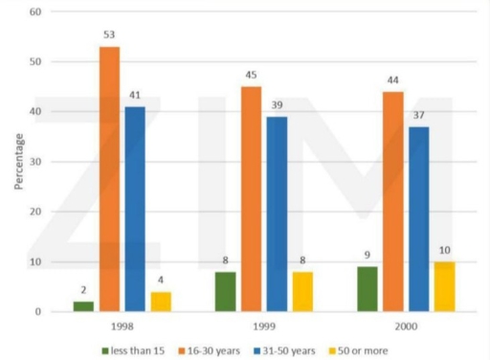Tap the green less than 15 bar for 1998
pyautogui.click(x=85, y=306)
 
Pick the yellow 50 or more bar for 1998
pyautogui.click(x=161, y=302)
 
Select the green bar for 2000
pyautogui.click(x=366, y=289)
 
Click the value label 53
pyautogui.click(x=110, y=35)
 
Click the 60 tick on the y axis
pyautogui.click(x=36, y=12)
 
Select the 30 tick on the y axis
pyautogui.click(x=36, y=162)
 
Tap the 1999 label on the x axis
pyautogui.click(x=263, y=325)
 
